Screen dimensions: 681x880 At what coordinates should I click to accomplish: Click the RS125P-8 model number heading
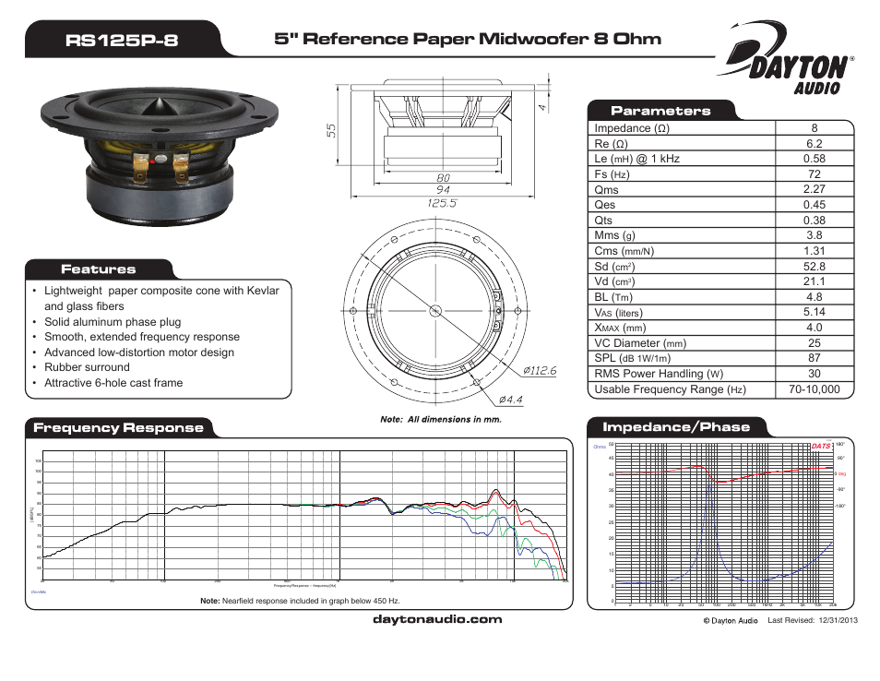(123, 40)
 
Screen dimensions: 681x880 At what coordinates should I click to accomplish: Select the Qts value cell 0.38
(814, 221)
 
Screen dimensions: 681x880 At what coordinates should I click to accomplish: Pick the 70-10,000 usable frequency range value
(814, 389)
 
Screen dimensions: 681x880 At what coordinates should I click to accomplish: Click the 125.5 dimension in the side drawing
(443, 202)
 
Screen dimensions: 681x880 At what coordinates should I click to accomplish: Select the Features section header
(99, 269)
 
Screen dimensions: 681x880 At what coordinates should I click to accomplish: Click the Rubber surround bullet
(88, 367)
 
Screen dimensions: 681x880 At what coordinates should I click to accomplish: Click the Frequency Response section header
(118, 427)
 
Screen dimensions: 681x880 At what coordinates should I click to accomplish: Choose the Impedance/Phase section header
(676, 427)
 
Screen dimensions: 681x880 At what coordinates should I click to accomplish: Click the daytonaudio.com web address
(437, 619)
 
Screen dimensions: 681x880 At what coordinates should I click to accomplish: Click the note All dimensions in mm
(441, 419)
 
